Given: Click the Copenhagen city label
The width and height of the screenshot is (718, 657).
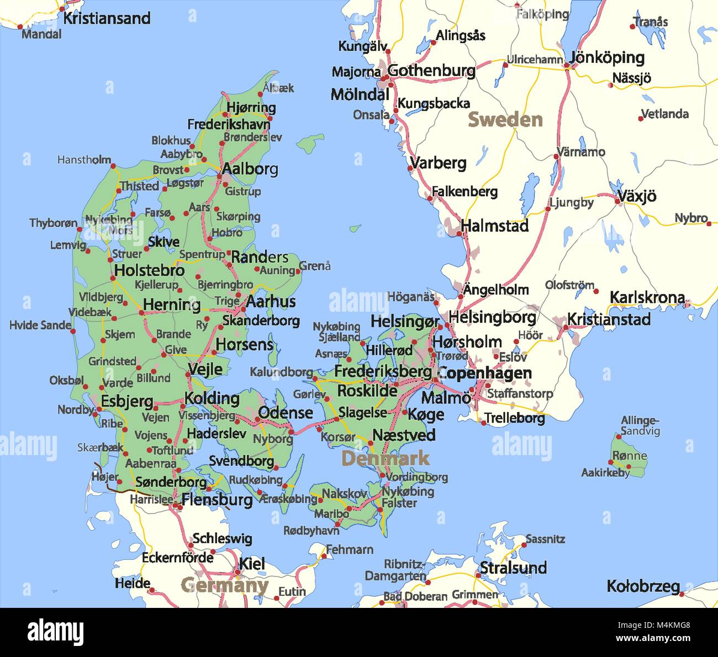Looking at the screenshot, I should pos(484,373).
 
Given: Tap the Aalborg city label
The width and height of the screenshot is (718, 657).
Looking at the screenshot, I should pos(250,169).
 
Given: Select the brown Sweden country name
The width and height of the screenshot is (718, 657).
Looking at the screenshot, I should pos(505,120).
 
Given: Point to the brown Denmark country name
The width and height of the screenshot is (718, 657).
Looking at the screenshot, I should pos(385,458).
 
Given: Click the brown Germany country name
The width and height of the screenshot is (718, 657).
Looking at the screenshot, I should pos(224,585).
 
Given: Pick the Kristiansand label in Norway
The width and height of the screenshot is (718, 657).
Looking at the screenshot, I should pos(107,18).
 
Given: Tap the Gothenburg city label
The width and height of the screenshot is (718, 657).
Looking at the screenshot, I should pos(431,71).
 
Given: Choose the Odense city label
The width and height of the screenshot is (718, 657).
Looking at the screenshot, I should pos(285,413).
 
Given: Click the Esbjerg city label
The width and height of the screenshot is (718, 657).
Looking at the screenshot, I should pos(126,401).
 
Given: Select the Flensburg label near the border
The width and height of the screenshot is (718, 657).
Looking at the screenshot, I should pos(217,500).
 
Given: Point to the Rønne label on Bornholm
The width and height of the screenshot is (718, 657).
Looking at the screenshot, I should pos(629,456).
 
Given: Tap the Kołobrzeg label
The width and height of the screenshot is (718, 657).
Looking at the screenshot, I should pos(643,586).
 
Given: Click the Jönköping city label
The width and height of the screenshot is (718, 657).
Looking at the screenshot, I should pos(607,57).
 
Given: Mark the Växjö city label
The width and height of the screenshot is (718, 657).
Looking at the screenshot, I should pos(636,196).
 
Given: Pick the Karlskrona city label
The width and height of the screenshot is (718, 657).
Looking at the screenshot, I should pos(647,297).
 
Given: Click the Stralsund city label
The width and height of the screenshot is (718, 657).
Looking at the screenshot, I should pos(513,568).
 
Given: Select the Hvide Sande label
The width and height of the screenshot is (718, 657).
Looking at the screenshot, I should pos(40,325).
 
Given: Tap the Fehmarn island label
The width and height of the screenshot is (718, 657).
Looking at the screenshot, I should pos(349,549).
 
